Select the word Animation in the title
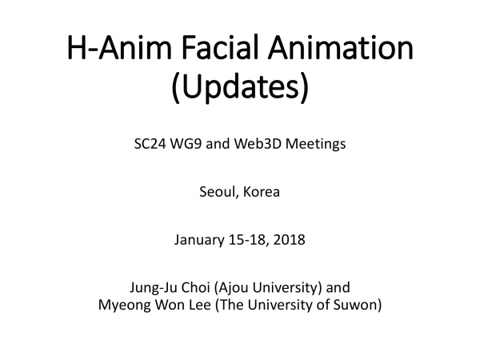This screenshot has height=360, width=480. click(x=341, y=47)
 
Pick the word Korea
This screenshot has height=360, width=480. click(x=262, y=192)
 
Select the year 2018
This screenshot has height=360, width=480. click(x=290, y=240)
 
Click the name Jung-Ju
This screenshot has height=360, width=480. click(x=154, y=288)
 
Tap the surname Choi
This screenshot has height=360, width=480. click(x=196, y=287)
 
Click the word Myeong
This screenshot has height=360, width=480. click(x=125, y=306)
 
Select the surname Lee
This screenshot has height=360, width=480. click(x=199, y=305)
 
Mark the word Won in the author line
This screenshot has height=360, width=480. click(x=170, y=305)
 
